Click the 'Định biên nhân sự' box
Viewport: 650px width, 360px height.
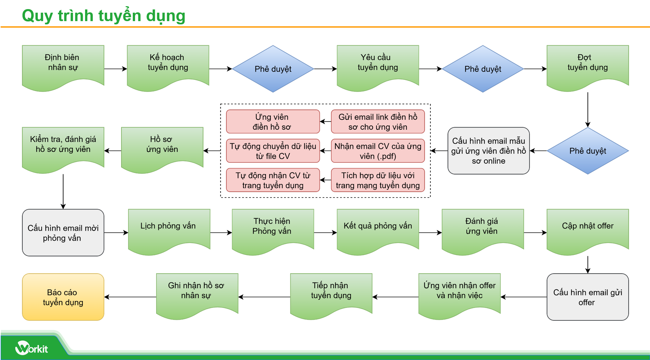[63, 65]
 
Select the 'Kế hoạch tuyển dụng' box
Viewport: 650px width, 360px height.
[168, 65]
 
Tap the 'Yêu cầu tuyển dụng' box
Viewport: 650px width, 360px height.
[378, 65]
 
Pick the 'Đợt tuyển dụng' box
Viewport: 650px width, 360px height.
[588, 65]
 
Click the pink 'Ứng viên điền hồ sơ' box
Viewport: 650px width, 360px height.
[273, 122]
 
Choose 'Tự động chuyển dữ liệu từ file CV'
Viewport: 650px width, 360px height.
[273, 151]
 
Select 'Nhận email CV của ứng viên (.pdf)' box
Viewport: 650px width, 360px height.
[378, 151]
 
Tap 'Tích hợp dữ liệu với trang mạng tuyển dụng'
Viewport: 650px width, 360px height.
[378, 180]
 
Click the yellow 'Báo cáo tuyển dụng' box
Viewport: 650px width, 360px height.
[63, 297]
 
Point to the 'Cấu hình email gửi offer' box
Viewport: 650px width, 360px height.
[588, 297]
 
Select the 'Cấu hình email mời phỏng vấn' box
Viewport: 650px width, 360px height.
[63, 233]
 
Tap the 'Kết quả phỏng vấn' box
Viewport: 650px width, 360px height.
[378, 229]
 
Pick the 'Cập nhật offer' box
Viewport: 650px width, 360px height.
[588, 229]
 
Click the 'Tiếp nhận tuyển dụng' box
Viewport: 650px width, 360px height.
[331, 293]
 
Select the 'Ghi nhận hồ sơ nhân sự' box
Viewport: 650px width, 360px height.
[197, 293]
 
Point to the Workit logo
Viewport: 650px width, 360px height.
[32, 348]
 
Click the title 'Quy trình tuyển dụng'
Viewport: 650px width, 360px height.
[104, 16]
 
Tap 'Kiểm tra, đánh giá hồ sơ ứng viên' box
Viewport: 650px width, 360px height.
[63, 147]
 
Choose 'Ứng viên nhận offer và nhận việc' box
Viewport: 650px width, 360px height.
[459, 293]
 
